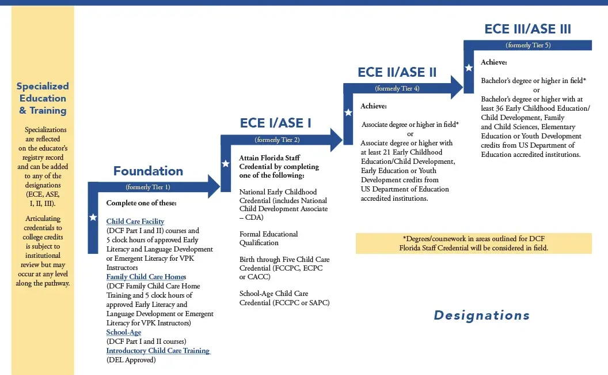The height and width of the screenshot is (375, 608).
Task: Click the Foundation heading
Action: (148, 171)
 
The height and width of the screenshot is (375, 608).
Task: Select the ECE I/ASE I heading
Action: (275, 123)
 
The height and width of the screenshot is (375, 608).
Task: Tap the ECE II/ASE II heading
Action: (397, 72)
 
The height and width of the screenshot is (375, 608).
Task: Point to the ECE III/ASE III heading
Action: (528, 29)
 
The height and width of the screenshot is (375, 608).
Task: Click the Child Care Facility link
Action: (135, 221)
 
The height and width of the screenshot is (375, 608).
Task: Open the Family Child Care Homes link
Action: (146, 277)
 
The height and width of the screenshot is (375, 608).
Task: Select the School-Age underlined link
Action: (124, 332)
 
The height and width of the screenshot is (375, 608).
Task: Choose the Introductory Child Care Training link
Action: (158, 351)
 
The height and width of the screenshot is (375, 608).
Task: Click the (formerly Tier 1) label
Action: (148, 187)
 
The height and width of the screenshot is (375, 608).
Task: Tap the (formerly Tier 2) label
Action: (277, 140)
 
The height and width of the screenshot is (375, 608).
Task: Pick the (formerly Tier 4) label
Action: (397, 89)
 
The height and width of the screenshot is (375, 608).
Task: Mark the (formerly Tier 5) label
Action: (528, 45)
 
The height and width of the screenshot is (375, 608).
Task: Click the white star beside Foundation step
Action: (93, 217)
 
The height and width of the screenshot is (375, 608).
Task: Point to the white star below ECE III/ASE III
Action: (469, 67)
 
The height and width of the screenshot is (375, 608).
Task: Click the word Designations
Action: (481, 315)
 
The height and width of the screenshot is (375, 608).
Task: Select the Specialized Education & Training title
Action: (43, 98)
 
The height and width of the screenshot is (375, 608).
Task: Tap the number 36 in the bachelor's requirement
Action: (499, 108)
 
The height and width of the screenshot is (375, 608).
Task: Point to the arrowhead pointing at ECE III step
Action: (457, 87)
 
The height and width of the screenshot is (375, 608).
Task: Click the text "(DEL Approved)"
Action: (131, 360)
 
